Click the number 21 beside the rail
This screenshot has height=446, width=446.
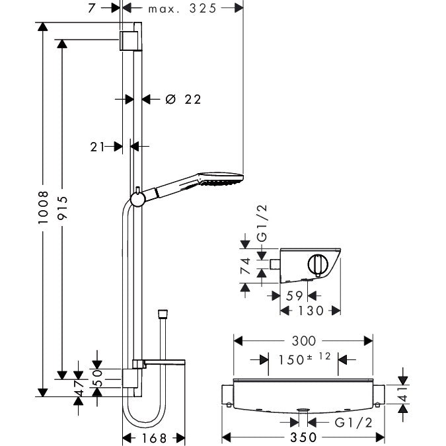(98, 147)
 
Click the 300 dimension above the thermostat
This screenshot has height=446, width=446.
(303, 341)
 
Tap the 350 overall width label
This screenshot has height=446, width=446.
(303, 437)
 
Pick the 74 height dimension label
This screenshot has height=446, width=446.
(244, 266)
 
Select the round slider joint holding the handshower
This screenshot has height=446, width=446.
(137, 198)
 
